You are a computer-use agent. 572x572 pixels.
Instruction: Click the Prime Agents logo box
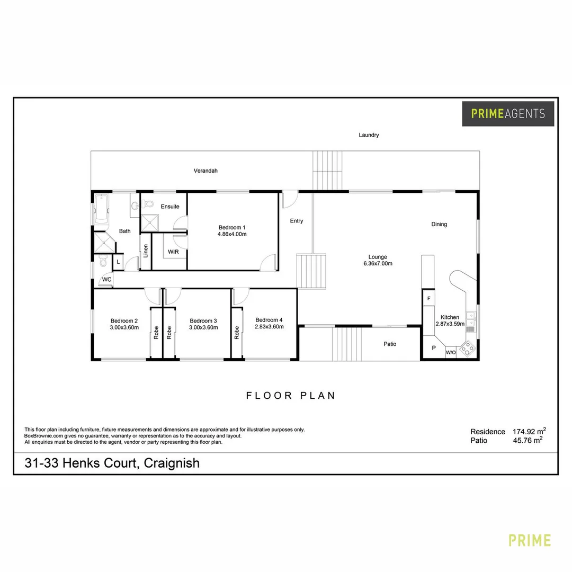pos(508,113)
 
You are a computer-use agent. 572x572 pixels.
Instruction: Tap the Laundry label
pos(369,135)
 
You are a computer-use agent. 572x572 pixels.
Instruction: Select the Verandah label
pos(205,171)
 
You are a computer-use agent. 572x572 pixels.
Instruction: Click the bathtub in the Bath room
pos(101,209)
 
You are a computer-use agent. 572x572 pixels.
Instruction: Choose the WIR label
pos(173,252)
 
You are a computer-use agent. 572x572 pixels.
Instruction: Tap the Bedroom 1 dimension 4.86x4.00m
pos(233,234)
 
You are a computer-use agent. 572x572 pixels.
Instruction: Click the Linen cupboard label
pos(146,251)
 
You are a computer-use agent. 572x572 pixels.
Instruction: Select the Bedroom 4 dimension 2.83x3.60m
pos(269,327)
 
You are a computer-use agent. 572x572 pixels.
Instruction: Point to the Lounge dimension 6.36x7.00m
pos(378,263)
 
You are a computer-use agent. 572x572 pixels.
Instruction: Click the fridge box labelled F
pos(428,298)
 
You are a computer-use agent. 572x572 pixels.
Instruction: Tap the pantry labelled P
pos(433,348)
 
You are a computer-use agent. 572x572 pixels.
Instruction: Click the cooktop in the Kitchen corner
pos(468,348)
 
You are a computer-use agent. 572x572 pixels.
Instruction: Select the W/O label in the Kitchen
pos(450,352)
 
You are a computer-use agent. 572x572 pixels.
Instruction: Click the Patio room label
pos(390,344)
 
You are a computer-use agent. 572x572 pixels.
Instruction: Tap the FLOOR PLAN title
pos(291,395)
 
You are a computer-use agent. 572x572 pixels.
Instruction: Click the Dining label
pos(439,224)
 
